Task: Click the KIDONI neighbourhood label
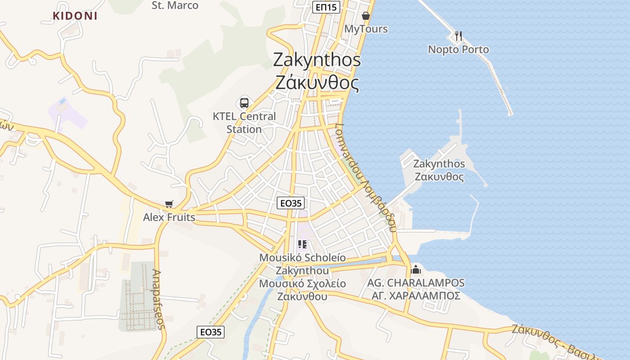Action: tap(75, 16)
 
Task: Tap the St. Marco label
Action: tap(175, 5)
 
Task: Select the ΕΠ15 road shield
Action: tap(326, 7)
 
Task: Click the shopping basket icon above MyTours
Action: tap(366, 16)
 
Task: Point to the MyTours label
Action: tap(366, 29)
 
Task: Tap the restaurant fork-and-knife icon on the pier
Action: tap(458, 36)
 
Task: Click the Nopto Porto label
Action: tap(458, 49)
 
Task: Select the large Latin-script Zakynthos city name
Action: tap(317, 60)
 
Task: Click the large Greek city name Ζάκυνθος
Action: tap(317, 83)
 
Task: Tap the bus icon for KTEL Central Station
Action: tap(244, 103)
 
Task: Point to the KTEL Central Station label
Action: tap(244, 122)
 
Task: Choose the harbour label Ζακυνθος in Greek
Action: tap(439, 176)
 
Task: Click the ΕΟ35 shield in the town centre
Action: tap(290, 203)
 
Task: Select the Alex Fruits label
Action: tap(169, 217)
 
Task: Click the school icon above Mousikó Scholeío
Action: tap(302, 244)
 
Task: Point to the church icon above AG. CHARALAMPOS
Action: tap(416, 270)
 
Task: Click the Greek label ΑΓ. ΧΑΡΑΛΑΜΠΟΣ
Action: tap(416, 296)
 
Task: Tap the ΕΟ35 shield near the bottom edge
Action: tap(211, 332)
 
